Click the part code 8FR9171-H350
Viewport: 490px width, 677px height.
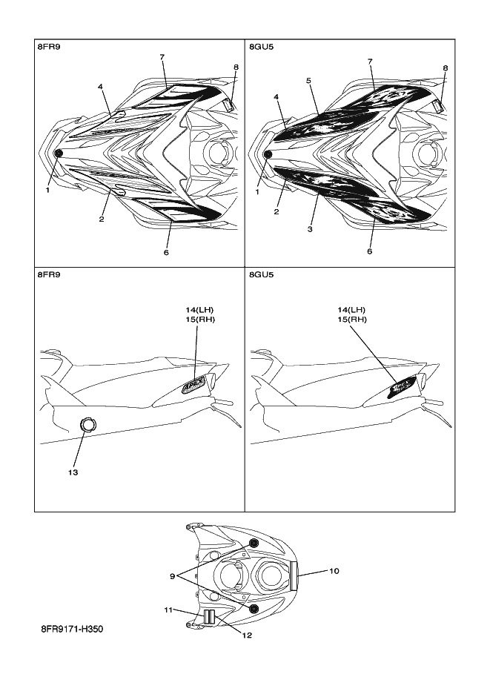click(72, 629)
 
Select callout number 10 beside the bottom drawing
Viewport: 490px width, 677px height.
click(334, 571)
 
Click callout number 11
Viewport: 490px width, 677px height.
click(168, 610)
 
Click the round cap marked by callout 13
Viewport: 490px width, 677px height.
click(88, 424)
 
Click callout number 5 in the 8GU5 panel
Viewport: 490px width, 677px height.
click(308, 80)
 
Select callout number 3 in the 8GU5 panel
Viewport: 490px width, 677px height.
click(310, 230)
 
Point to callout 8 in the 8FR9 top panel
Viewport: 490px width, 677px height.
click(236, 67)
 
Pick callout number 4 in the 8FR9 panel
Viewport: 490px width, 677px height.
click(101, 87)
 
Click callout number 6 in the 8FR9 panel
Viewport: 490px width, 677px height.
click(167, 253)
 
